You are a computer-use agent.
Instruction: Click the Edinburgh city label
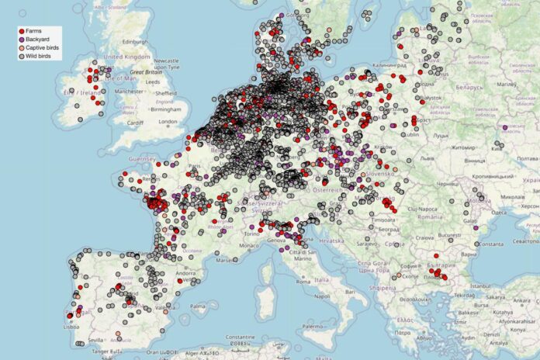point(130,41)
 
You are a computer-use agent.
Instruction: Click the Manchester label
point(130,91)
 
